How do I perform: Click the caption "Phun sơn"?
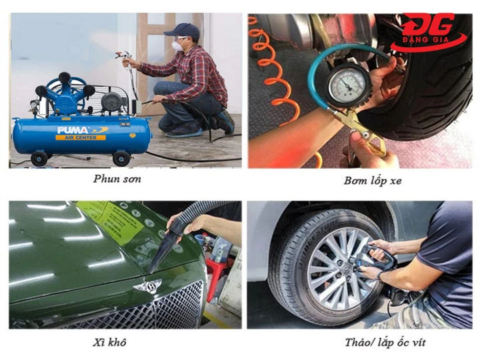coord(117,179)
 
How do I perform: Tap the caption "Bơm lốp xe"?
coord(364,180)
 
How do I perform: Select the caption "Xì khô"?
coord(111,343)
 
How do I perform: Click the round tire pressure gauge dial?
coord(349,86)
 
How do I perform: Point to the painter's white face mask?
coord(178,45)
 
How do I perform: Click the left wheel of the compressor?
coord(41,159)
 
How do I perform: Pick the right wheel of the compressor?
coord(121,158)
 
